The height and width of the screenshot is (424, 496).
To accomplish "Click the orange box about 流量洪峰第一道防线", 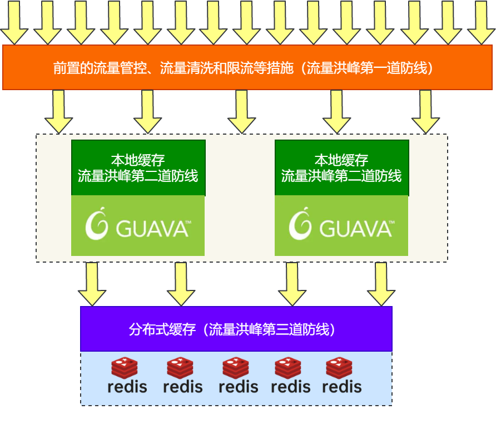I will coord(247,67).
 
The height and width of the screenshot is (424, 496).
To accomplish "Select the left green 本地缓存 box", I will coord(138,167).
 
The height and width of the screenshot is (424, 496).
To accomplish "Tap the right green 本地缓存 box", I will coord(341,167).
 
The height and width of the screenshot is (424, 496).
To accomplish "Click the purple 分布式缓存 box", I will coord(236,329).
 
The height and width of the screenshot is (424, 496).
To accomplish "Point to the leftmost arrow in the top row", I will coord(14,22).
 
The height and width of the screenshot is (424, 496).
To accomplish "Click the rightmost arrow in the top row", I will coord(481,22).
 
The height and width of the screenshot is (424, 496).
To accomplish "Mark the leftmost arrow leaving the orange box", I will coord(58,111).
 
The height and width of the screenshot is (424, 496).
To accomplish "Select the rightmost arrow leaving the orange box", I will coord(425,111).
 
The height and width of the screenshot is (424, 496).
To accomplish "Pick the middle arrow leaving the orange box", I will coord(242,111).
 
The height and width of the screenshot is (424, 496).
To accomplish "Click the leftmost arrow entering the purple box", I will coord(92,284).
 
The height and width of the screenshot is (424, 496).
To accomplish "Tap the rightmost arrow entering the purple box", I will coord(381,284).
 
